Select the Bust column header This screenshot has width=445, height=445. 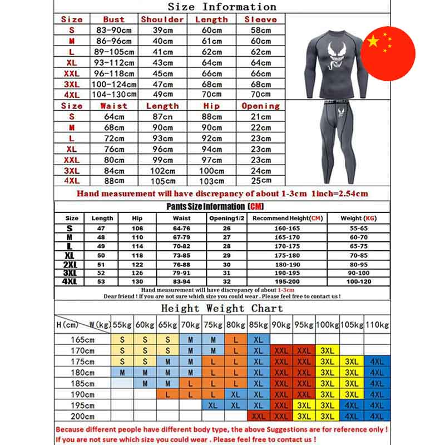pos(114,19)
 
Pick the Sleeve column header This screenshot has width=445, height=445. pos(260,19)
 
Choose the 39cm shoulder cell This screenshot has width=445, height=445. pos(162,30)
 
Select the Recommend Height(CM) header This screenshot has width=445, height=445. pos(288,219)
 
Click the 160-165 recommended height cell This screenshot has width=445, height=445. pos(288,229)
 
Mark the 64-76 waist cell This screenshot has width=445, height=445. pos(181,229)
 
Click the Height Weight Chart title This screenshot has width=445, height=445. pos(222,308)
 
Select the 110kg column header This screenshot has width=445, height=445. pos(377,324)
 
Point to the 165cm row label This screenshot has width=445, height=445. pos(82,339)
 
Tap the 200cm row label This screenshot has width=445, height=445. pos(82,416)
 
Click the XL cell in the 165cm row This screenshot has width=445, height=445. pos(258,339)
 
